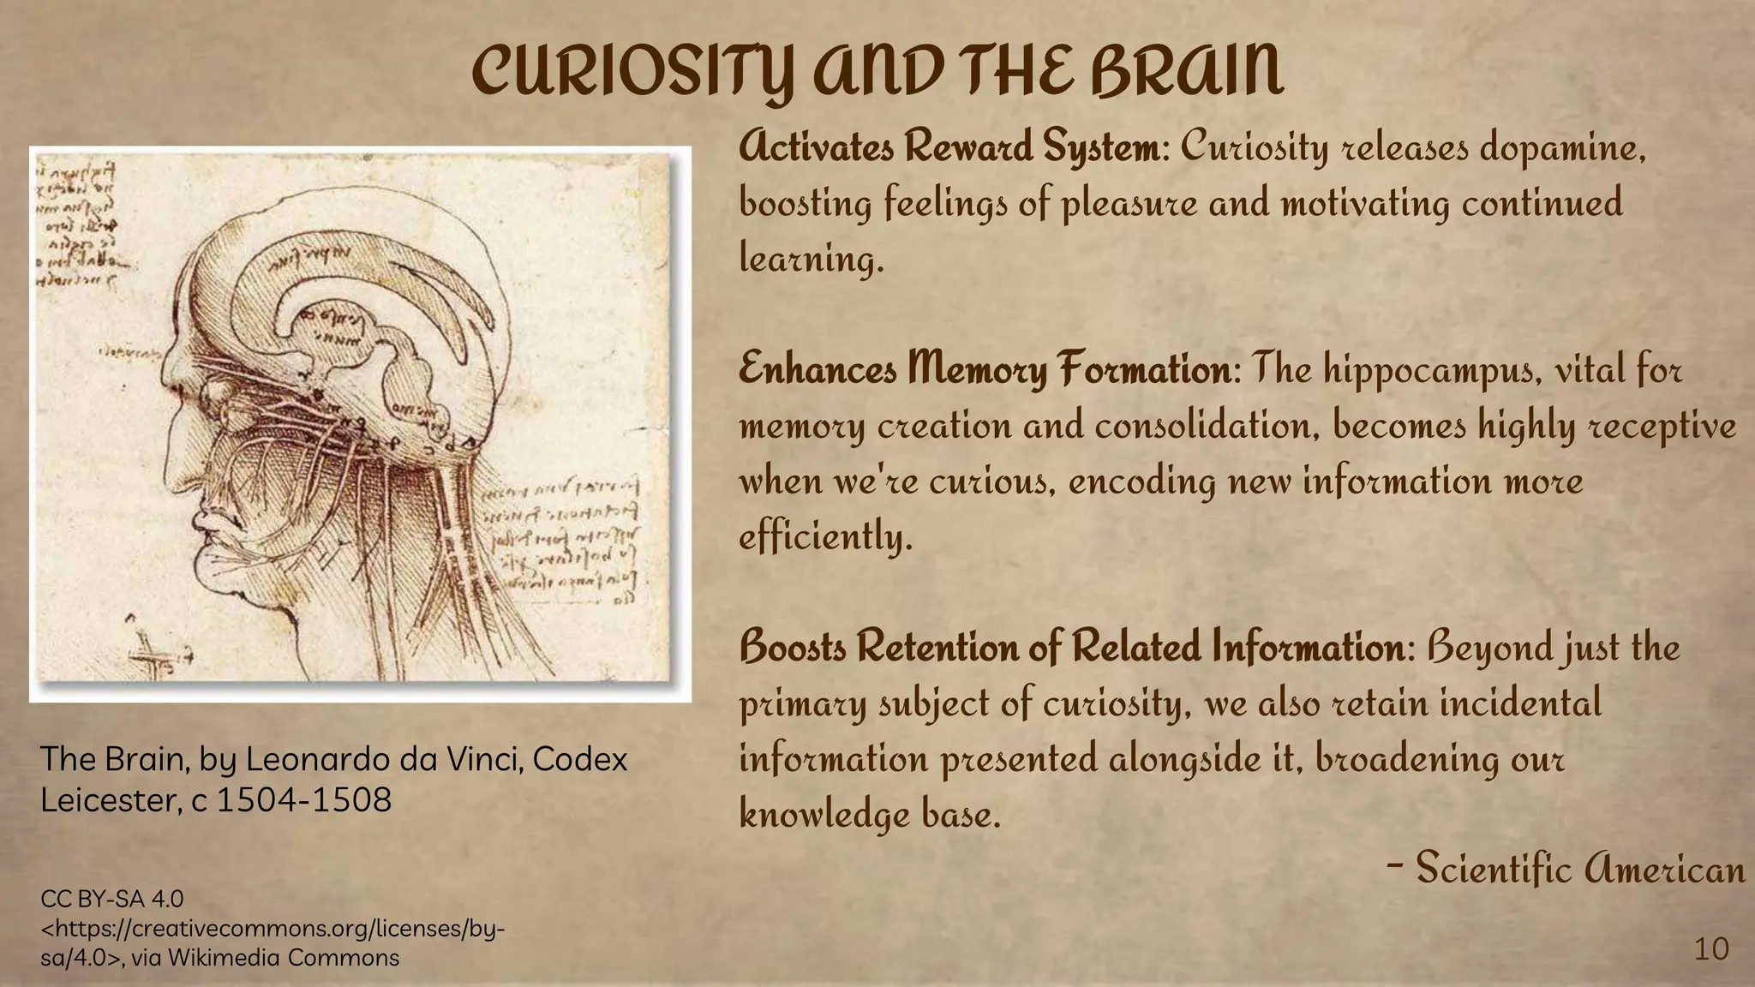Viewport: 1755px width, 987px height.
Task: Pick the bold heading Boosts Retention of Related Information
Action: pos(1072,648)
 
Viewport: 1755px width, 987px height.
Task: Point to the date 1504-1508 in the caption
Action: pos(303,800)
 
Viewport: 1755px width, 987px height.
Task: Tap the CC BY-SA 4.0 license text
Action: pos(112,899)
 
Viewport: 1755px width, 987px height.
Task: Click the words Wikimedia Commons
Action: pos(284,957)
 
